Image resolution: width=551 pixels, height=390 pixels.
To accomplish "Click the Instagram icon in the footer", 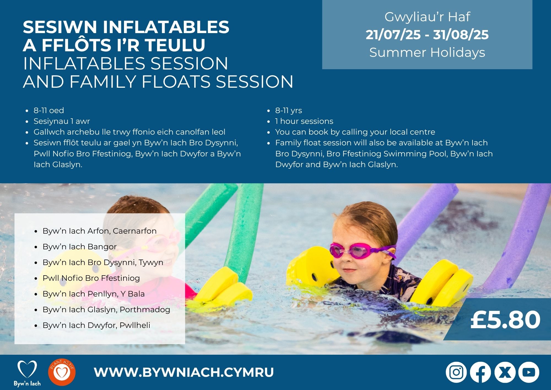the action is coord(456,372).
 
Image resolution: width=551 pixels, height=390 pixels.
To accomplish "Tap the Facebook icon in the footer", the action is coord(480,372).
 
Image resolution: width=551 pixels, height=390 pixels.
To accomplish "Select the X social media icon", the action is coord(505,372).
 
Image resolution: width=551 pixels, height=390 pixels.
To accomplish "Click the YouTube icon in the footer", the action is coord(529,372).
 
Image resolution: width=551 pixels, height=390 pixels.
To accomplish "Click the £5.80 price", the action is coord(505,320).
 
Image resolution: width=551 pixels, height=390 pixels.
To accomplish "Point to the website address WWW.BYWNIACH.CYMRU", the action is coord(184,372).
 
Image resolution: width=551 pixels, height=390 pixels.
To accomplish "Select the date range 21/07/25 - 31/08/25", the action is coord(427,35).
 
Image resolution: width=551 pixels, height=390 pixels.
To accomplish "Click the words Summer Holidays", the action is coord(427,52).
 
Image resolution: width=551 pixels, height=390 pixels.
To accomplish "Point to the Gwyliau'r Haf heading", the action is coord(427,17).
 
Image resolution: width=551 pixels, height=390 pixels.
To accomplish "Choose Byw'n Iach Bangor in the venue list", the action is coord(80,247).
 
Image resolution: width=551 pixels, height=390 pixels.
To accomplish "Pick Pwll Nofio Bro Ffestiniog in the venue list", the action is coord(91,278).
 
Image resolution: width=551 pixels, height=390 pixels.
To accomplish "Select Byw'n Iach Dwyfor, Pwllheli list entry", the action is coord(96,325).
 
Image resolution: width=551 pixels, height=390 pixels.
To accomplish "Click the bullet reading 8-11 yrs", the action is coord(288,110).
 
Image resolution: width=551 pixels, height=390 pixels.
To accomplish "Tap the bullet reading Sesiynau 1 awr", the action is coord(62,121).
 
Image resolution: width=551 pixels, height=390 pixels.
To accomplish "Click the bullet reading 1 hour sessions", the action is coord(304,121).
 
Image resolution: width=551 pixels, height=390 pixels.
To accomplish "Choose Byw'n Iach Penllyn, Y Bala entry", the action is coord(94,294).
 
